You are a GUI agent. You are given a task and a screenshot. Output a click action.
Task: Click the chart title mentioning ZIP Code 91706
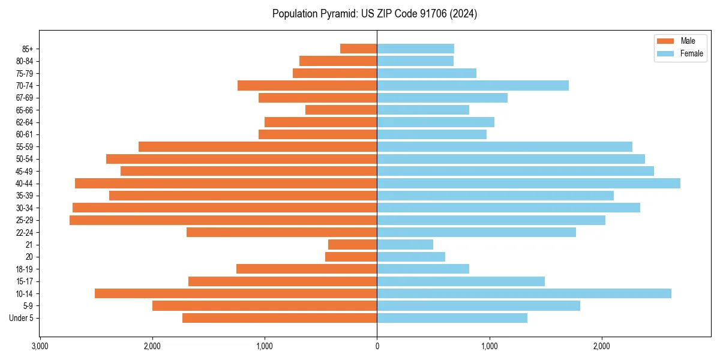[x=374, y=14]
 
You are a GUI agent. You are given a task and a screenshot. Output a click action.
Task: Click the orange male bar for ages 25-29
[x=223, y=220]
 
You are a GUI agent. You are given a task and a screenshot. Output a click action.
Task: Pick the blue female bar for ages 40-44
[x=529, y=184]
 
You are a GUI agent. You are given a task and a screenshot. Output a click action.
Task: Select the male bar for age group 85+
[x=358, y=49]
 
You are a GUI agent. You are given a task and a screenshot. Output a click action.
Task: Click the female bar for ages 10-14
[x=524, y=293]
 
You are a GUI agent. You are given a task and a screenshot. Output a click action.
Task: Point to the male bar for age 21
[x=352, y=245]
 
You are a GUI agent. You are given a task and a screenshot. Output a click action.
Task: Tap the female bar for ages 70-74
[x=473, y=86]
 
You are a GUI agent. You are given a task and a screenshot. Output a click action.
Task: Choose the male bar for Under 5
[x=280, y=318]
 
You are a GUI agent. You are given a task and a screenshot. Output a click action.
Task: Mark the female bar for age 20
[x=411, y=257]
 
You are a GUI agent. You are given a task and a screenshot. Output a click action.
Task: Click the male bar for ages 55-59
[x=257, y=147]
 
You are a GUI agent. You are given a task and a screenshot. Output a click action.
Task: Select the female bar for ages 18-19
[x=423, y=269]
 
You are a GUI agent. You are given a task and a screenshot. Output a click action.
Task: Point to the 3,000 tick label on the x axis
[x=40, y=346]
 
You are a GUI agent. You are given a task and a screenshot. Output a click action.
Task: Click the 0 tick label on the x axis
[x=377, y=346]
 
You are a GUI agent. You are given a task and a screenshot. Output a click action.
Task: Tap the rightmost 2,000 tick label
[x=602, y=346]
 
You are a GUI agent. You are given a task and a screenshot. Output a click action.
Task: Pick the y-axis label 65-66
[x=24, y=110]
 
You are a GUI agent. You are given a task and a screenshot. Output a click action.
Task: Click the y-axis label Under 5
[x=21, y=318]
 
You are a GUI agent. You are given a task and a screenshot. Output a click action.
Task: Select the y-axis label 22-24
[x=24, y=233]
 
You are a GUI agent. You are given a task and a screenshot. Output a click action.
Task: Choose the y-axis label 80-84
[x=24, y=61]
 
